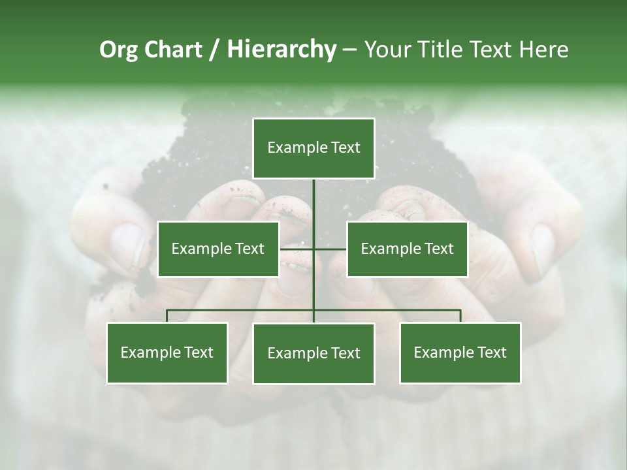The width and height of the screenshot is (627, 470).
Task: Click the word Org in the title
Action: pos(118,50)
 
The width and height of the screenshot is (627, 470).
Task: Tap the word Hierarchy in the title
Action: pos(281,50)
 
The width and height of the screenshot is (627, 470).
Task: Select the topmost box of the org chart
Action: pos(313,148)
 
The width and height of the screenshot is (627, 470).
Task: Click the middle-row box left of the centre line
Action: pos(218,249)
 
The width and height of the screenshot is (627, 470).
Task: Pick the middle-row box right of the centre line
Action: pos(407,249)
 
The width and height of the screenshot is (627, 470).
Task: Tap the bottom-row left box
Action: pos(167,353)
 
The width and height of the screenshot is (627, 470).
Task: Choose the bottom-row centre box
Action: pos(313,354)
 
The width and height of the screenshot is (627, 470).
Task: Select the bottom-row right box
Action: pos(460,353)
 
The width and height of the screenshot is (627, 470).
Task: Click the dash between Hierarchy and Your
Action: pos(349,50)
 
